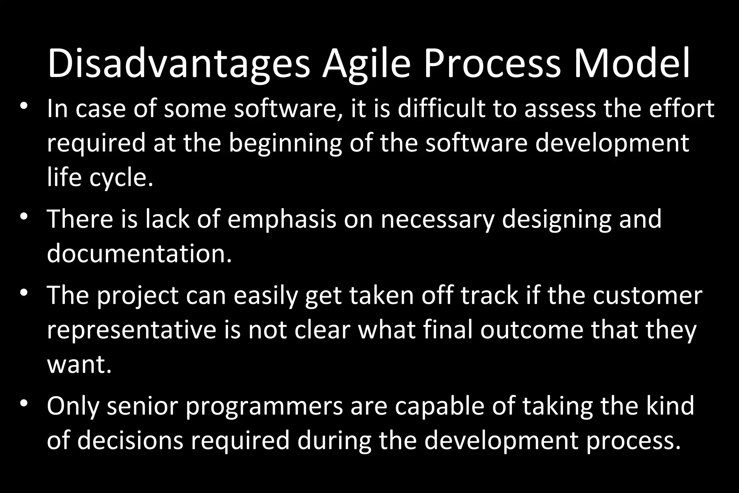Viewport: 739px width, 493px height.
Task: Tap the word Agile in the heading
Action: coord(366,64)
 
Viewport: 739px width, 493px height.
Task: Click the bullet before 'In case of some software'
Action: coord(24,107)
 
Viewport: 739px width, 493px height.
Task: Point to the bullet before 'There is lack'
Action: coord(24,217)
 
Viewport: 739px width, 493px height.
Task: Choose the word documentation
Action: coord(139,254)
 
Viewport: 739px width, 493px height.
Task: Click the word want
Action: coord(79,365)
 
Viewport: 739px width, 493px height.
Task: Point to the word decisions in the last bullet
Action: coord(130,440)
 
